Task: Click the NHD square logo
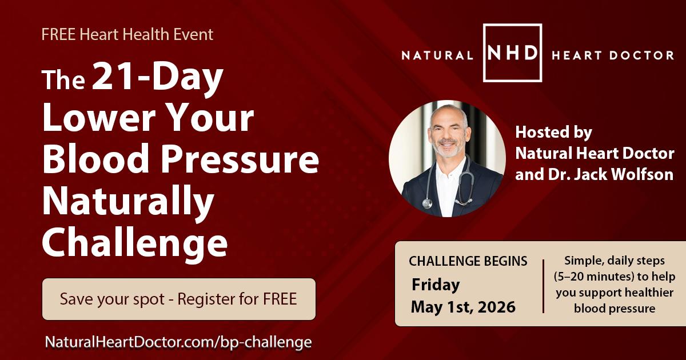[512, 53]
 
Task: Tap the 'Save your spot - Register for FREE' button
[178, 299]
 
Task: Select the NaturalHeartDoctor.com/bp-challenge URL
[178, 342]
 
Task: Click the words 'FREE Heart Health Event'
[127, 34]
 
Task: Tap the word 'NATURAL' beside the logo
[437, 55]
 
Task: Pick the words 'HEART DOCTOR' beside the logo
[612, 55]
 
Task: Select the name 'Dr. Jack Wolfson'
[595, 174]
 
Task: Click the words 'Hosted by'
[553, 133]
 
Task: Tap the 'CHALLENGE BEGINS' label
[468, 261]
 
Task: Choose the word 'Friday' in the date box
[436, 284]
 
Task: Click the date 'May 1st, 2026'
[463, 307]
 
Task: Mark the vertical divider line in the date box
[543, 285]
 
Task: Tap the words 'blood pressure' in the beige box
[614, 309]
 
